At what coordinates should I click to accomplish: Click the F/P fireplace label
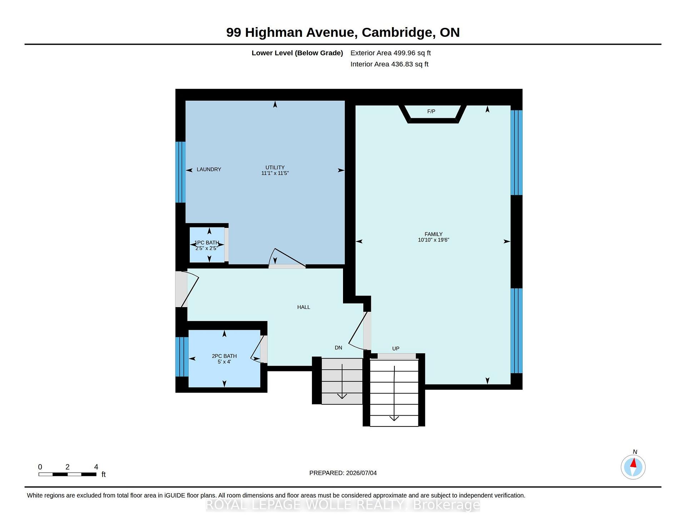(431, 111)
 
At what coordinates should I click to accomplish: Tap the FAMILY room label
(433, 234)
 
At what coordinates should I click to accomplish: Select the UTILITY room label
(275, 167)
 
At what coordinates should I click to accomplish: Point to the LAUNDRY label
(209, 169)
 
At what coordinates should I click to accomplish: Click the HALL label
(304, 307)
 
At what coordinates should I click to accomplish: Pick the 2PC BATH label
(224, 356)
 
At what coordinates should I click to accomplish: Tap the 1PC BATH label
(207, 243)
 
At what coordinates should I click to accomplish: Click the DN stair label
(338, 348)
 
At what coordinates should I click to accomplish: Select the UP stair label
(396, 349)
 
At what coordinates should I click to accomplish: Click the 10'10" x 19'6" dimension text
(433, 240)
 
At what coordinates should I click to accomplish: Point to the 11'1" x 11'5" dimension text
(275, 173)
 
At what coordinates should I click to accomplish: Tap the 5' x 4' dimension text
(224, 362)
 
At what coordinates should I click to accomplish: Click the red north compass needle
(633, 463)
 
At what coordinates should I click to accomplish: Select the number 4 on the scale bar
(96, 467)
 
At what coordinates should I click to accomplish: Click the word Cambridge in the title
(398, 32)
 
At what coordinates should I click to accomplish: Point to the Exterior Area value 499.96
(404, 53)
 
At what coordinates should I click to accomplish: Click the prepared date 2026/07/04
(361, 473)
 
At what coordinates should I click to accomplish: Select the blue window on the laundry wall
(180, 172)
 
